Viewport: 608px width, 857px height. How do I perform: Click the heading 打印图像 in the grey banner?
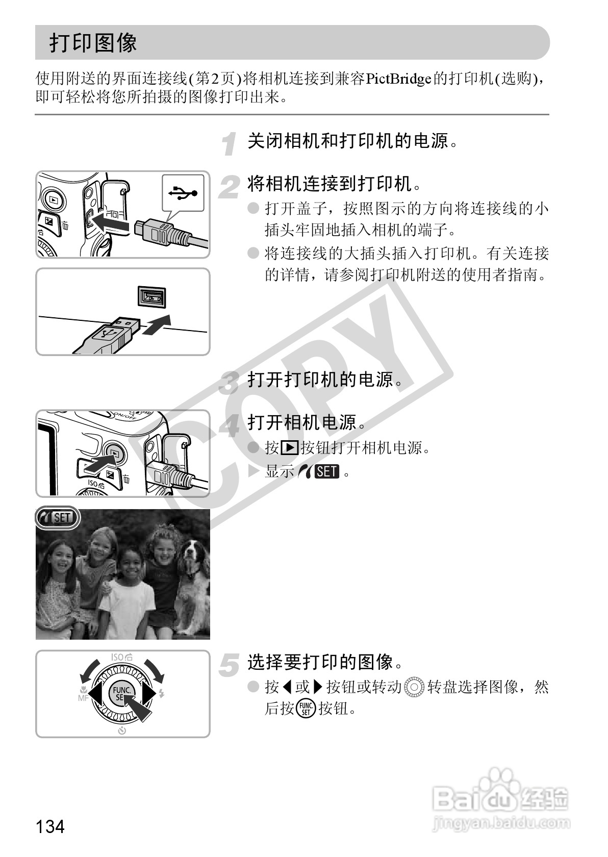click(93, 42)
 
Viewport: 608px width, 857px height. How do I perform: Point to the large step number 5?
click(229, 665)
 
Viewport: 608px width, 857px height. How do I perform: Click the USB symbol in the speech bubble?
click(183, 192)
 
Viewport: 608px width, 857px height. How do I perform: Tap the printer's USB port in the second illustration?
click(152, 297)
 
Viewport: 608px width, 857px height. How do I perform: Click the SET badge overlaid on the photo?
click(58, 518)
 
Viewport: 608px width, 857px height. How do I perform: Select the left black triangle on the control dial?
click(95, 693)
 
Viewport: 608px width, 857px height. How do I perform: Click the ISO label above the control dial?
click(122, 657)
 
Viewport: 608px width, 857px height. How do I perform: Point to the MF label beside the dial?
click(83, 698)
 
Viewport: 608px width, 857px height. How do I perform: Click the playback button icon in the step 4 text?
click(290, 447)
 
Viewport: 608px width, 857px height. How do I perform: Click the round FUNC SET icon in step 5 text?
click(306, 709)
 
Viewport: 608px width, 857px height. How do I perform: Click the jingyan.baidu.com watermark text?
click(501, 822)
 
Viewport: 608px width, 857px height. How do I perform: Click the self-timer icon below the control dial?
click(122, 730)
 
